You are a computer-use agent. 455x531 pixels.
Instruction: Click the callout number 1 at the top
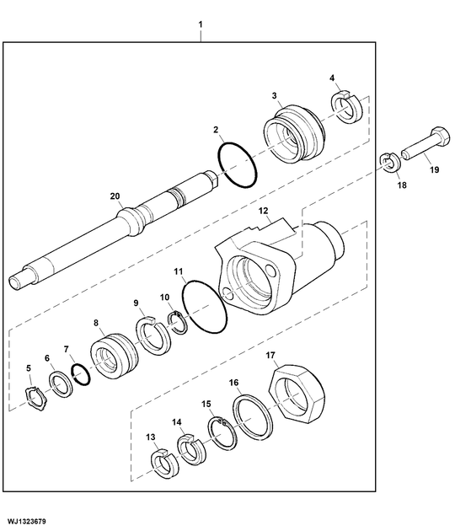tap(201, 13)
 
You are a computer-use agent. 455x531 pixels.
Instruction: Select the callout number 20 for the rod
tap(116, 196)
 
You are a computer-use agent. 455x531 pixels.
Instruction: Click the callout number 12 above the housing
tap(262, 210)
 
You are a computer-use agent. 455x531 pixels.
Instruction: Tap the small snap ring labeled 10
tap(177, 321)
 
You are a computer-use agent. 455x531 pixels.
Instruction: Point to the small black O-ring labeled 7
tap(81, 374)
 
